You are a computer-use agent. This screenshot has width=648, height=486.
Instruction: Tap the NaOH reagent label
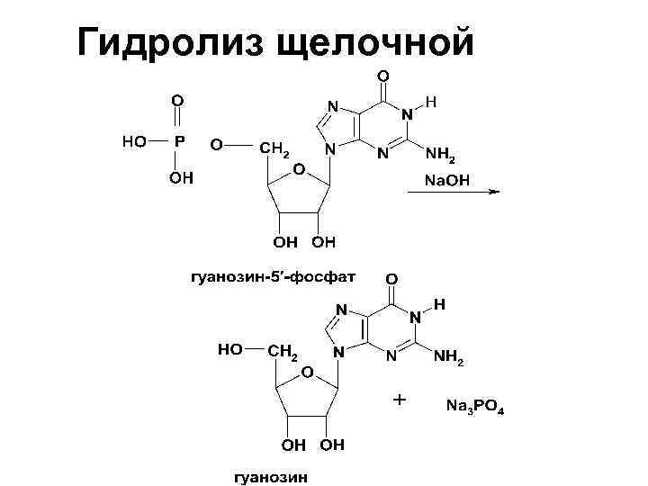[x=445, y=181]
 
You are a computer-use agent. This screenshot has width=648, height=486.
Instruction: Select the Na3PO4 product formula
[x=475, y=407]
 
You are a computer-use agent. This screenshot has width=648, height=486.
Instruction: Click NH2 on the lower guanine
[x=447, y=360]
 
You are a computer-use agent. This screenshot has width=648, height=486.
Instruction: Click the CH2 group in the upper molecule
[x=274, y=148]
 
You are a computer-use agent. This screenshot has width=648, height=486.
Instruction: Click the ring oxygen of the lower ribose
[x=307, y=372]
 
